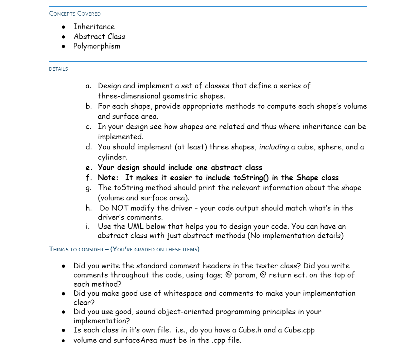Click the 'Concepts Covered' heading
75,14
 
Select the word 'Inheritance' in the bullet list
94,27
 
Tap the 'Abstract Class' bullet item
99,37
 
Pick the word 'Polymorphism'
97,46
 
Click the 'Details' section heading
58,69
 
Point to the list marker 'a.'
88,86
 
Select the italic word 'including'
274,147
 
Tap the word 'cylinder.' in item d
113,157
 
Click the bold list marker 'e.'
89,168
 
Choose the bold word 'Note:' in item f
108,178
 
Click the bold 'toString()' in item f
251,178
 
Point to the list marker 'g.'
88,188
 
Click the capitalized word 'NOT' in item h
120,208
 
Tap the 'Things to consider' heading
76,249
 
